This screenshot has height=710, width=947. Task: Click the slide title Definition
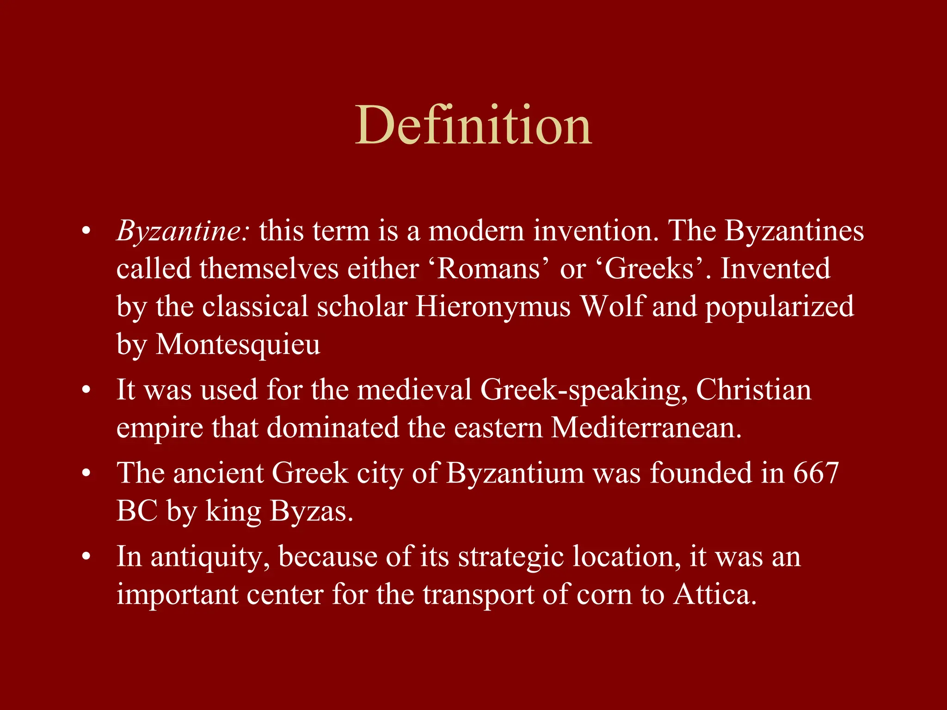tap(473, 125)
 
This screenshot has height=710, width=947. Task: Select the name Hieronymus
tap(493, 306)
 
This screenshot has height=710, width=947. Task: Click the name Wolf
tap(612, 306)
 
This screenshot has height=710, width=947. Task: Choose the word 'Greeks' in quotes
tap(649, 269)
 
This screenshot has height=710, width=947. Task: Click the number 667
tap(816, 473)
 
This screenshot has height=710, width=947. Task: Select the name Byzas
tap(311, 511)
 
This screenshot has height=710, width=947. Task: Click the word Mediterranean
tap(646, 428)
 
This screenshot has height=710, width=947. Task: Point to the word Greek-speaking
tap(584, 390)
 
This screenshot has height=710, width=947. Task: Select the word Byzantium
tap(515, 473)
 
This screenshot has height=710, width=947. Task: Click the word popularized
tap(779, 306)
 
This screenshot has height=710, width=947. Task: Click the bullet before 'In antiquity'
tap(86, 557)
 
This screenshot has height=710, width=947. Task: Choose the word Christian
tap(753, 390)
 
